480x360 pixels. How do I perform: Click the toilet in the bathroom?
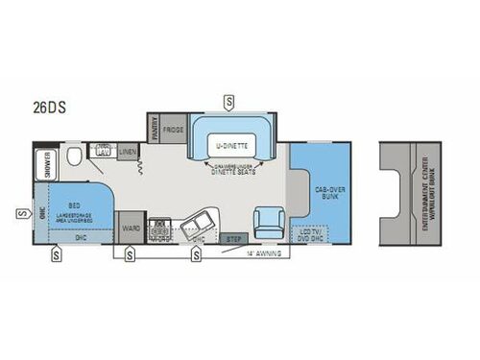pos(76,155)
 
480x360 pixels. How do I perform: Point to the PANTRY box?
pos(152,128)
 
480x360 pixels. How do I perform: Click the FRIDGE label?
pos(173,128)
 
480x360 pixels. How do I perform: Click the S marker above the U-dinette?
pos(228,100)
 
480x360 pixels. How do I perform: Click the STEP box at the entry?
pos(232,238)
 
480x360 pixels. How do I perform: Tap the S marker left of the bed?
pos(21,211)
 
